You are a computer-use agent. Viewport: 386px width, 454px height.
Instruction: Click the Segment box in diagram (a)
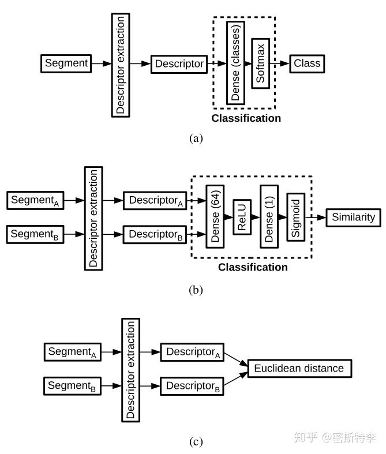(x=66, y=63)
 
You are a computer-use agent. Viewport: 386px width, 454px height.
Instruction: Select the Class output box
(x=306, y=63)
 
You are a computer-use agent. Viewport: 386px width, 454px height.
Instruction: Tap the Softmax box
(x=261, y=63)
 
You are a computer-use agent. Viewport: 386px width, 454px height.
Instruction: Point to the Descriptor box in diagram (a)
(x=178, y=64)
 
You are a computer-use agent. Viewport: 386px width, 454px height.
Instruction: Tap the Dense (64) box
(x=215, y=217)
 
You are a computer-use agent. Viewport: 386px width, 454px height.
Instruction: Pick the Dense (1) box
(x=269, y=217)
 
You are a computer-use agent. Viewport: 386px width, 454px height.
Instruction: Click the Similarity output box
(x=353, y=217)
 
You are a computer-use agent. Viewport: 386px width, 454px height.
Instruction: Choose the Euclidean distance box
(x=299, y=368)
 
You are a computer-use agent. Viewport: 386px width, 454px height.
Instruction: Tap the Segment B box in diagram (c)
(x=72, y=385)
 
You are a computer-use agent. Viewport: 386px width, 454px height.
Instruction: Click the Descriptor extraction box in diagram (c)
(x=131, y=369)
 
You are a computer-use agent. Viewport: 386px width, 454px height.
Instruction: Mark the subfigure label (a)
(x=196, y=138)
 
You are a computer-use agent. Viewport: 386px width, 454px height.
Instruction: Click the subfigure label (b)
(x=196, y=290)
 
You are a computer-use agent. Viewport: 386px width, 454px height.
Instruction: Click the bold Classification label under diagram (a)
(x=246, y=118)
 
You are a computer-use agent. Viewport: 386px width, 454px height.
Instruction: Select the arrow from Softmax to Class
(x=282, y=63)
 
